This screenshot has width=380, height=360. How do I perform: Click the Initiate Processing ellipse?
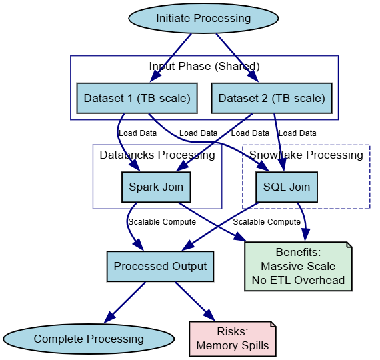coord(203,19)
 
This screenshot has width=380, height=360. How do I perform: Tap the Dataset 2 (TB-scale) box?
coord(272,99)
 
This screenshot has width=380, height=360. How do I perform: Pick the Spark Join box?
coord(156,187)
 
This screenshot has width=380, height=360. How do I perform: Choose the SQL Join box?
coord(287,187)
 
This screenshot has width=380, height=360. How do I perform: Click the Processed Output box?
coord(160,266)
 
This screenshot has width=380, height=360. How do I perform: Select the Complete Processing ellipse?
coord(89,339)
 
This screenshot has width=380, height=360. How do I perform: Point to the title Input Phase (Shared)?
coord(204,66)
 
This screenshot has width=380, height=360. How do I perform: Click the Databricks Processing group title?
coord(157,155)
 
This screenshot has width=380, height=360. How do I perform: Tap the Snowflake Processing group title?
coord(306,155)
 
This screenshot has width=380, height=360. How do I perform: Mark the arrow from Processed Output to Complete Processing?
coord(125,301)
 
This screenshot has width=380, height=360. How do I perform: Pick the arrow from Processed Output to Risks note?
coord(195,301)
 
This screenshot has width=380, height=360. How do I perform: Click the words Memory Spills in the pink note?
coord(233,345)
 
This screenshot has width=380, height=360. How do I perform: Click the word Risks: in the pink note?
coord(233,331)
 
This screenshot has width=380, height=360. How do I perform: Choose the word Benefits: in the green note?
coord(298,253)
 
